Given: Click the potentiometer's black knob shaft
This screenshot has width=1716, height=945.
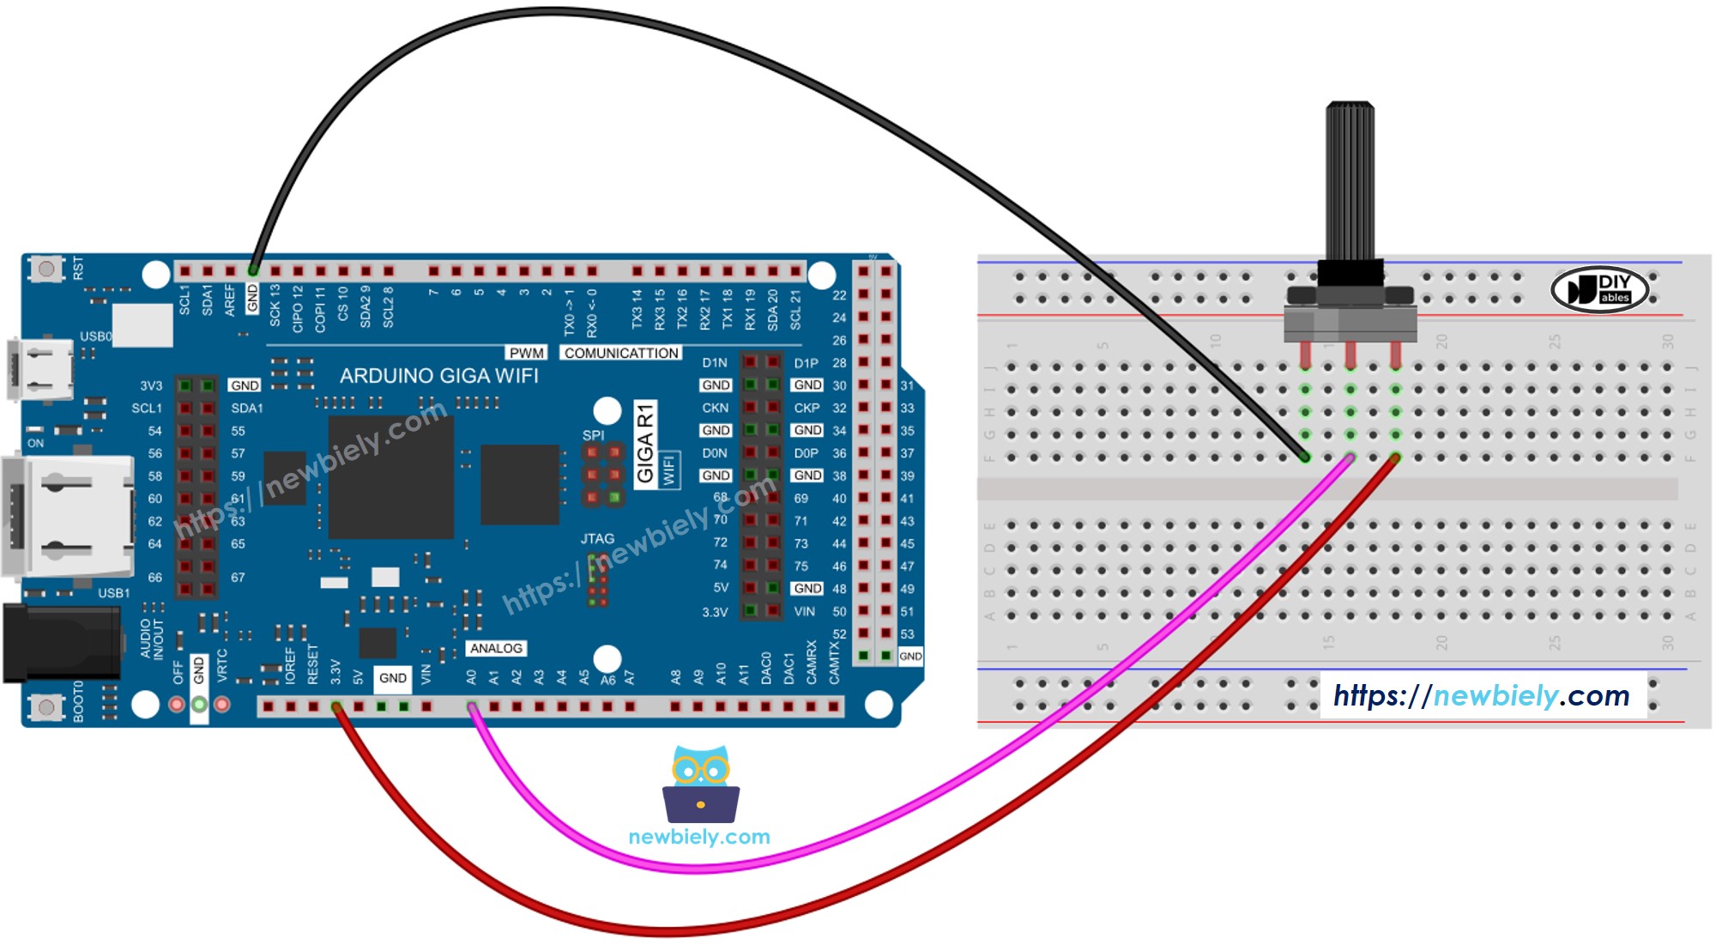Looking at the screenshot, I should click(1350, 180).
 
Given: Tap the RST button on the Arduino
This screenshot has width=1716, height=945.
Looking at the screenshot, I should click(46, 269).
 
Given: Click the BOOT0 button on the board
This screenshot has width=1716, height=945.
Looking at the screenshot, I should click(46, 707).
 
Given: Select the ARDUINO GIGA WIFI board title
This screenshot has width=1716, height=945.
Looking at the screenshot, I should click(438, 376).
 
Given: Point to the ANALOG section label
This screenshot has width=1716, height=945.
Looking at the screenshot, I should click(496, 649).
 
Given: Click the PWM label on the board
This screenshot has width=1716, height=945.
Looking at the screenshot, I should click(526, 353).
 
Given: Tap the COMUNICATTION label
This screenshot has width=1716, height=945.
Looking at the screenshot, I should click(621, 353).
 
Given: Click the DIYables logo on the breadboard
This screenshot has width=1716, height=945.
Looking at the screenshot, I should click(1600, 289).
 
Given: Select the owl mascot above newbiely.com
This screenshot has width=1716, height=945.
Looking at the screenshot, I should click(700, 784).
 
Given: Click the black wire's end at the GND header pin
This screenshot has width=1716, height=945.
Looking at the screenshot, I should click(253, 270).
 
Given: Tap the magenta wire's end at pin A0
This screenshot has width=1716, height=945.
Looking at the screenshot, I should click(472, 707).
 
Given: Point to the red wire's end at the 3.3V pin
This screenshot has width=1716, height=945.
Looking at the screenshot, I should click(336, 707).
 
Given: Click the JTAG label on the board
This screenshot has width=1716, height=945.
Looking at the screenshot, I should click(597, 539).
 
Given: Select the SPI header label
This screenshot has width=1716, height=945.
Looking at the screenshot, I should click(593, 435).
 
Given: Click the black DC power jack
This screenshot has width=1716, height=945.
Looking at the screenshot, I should click(60, 644).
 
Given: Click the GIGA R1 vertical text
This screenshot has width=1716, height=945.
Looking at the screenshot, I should click(645, 444).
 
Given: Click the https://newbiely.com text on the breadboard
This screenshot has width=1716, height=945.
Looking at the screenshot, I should click(1481, 695).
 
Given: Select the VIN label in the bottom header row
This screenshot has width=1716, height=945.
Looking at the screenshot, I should click(426, 675).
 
